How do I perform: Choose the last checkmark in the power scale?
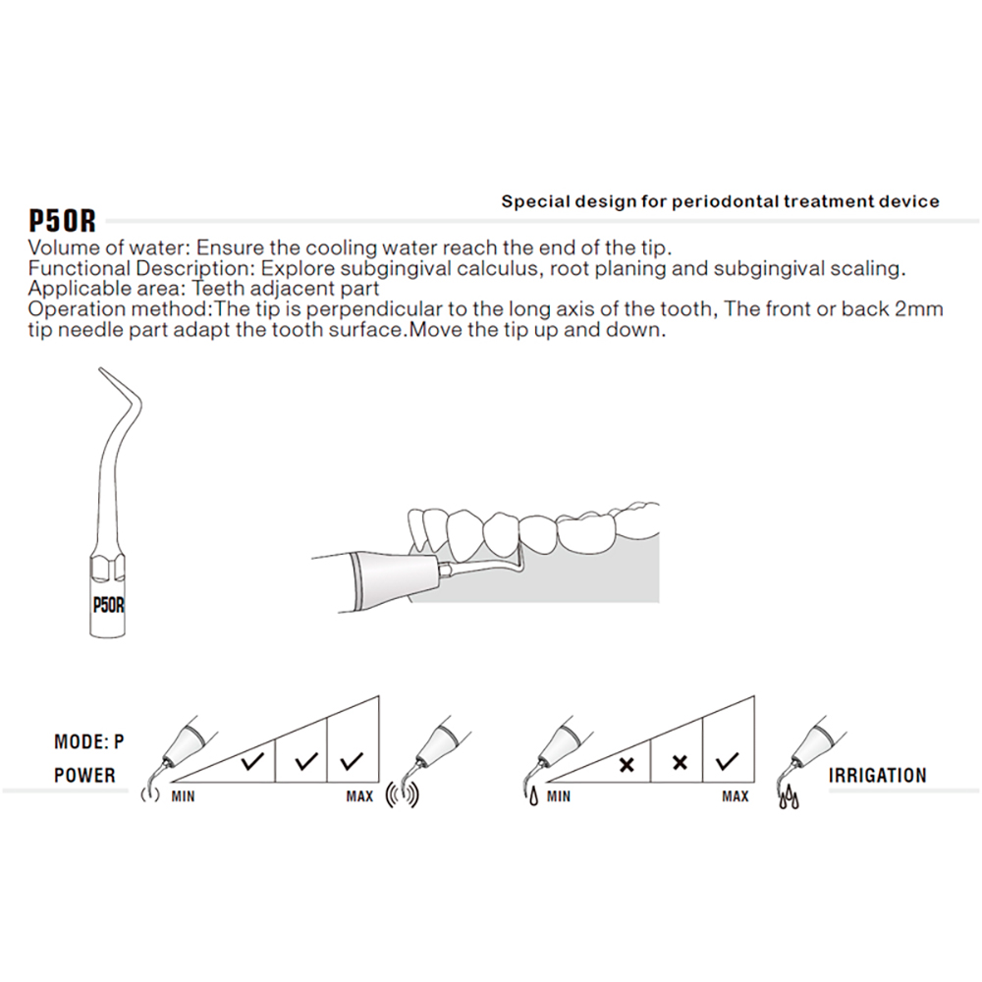[x=351, y=760]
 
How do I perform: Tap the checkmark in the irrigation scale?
[x=729, y=761]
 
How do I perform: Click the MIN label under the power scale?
[x=183, y=796]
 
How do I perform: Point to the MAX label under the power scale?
[x=359, y=796]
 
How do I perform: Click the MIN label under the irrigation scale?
[x=559, y=796]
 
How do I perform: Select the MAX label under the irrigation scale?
[x=736, y=796]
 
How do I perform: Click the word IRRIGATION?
[x=877, y=776]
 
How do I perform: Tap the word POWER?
[x=84, y=776]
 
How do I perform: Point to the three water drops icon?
[x=789, y=800]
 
